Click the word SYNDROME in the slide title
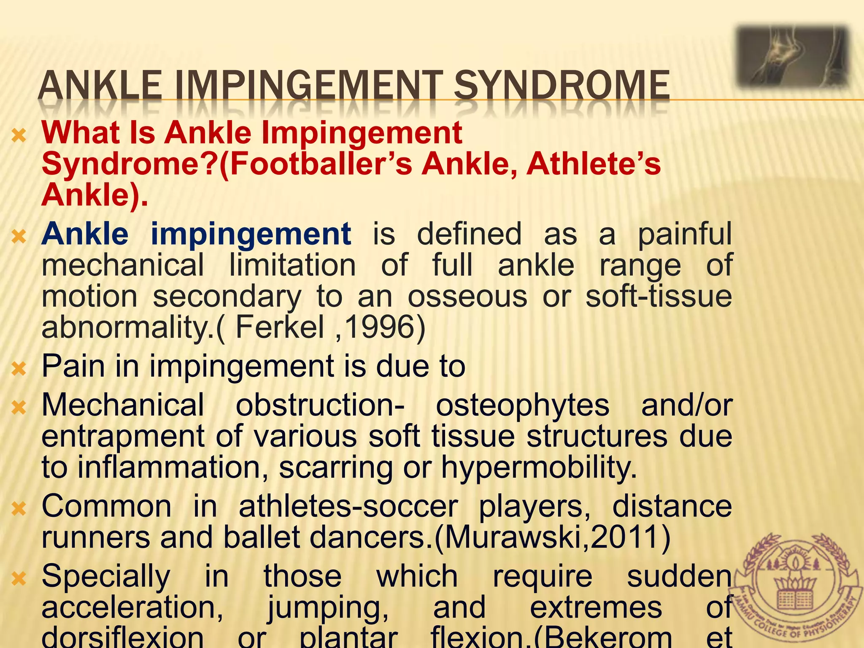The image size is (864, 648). [561, 85]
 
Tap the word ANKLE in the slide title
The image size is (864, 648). [100, 85]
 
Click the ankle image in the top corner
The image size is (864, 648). [792, 57]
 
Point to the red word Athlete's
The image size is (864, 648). [594, 164]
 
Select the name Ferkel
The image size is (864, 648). [280, 327]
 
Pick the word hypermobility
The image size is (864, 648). [539, 468]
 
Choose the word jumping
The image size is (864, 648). [328, 608]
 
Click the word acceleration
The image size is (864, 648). [132, 608]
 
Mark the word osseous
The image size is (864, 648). [467, 297]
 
